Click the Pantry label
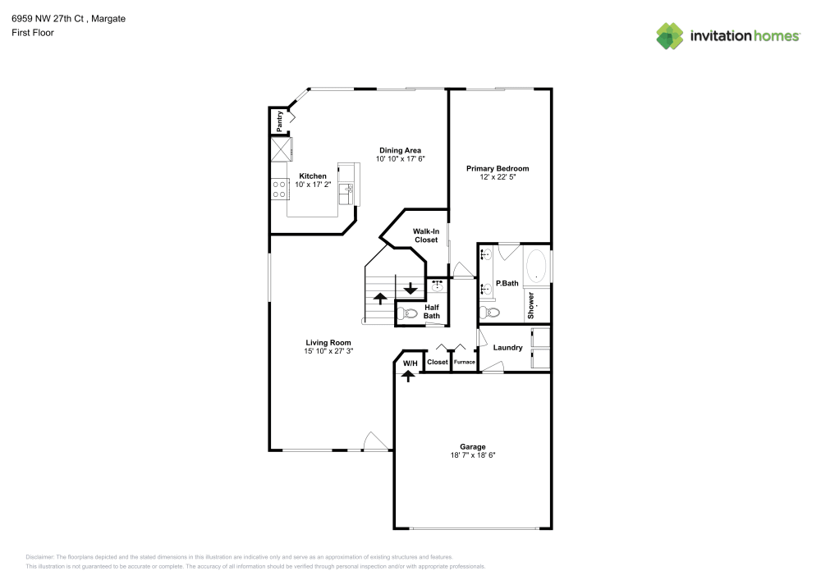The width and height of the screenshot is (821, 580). coord(280,121)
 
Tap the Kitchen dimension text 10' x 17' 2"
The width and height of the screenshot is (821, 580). coord(312,185)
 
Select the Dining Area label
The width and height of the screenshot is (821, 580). coord(400,150)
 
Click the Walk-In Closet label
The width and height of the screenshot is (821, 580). coord(425,235)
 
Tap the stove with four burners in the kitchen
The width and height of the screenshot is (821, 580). coord(278,190)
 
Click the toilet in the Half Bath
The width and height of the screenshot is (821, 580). coord(410,312)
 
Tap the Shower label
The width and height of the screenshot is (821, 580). coord(531,305)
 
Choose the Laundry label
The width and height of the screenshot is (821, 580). coord(507,348)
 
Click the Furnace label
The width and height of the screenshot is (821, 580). coord(464,362)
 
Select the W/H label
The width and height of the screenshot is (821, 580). coord(410,363)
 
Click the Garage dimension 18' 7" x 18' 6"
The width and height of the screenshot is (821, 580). coord(472,455)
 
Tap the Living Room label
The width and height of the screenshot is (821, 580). coord(328,343)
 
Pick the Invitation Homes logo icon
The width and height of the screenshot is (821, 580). coord(669,35)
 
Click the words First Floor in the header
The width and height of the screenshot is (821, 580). coord(33,33)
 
